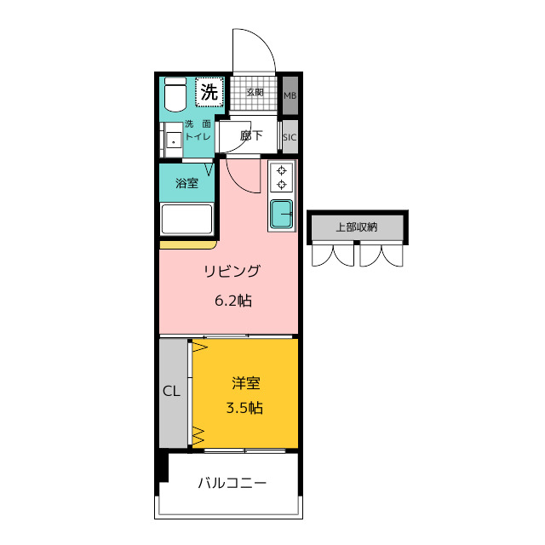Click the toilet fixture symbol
175,95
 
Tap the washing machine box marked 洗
209,92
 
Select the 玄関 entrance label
255,93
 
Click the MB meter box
290,95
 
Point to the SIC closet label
290,137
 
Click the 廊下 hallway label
251,135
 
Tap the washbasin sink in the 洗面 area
173,140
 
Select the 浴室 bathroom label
187,183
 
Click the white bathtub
186,220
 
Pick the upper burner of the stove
282,170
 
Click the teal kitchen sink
281,214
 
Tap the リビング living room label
232,271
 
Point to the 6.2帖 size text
232,301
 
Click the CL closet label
171,392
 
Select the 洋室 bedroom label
246,383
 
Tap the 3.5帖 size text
244,408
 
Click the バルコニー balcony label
232,483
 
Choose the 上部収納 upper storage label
357,227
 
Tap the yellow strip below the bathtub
188,244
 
